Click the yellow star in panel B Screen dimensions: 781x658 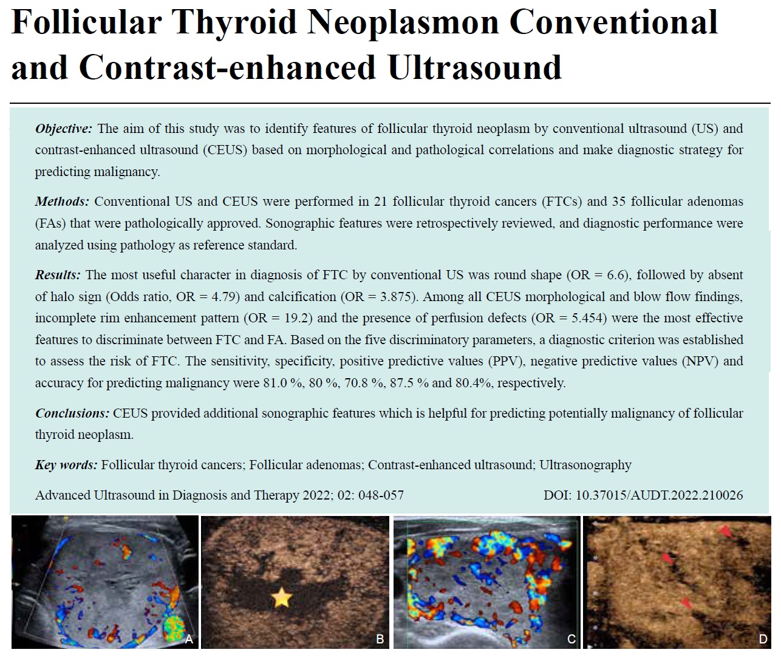[281, 597]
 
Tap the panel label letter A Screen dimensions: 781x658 [189, 639]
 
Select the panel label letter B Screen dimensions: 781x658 [380, 639]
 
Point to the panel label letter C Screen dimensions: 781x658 [571, 639]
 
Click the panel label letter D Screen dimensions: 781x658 [763, 639]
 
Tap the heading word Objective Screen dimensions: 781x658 [63, 129]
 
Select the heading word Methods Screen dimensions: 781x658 [62, 202]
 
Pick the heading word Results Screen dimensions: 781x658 [58, 275]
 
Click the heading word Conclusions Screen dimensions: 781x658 [72, 413]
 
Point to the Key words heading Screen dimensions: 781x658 [66, 465]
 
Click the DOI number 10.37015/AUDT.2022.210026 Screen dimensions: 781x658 [659, 495]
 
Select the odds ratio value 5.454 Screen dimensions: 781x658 [588, 318]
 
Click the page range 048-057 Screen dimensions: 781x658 [381, 495]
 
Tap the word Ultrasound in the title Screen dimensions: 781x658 [475, 67]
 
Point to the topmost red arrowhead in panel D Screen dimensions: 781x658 [726, 531]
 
